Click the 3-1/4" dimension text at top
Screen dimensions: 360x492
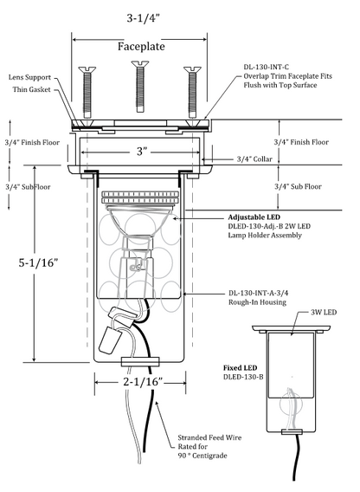[x=143, y=18]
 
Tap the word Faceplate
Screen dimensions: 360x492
[x=141, y=47]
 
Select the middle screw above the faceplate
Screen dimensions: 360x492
[x=140, y=86]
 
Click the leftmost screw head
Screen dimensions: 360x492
[x=87, y=68]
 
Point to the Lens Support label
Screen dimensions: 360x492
[x=29, y=77]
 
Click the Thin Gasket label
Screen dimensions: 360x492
[x=31, y=89]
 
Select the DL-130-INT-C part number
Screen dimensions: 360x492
[x=267, y=67]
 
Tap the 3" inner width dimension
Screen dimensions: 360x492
[x=141, y=152]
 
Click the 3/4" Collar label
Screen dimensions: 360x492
[x=254, y=159]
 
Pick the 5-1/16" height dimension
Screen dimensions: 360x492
[x=39, y=262]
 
